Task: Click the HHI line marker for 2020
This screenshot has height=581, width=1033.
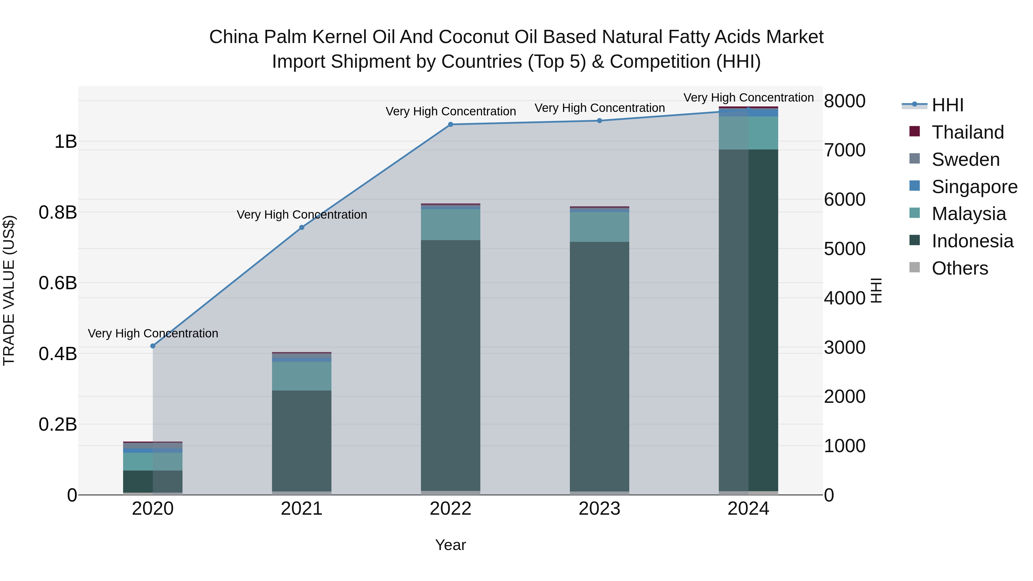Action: coord(153,346)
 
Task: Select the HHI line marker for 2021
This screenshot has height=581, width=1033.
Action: coord(302,227)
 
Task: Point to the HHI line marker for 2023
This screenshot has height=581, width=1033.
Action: coord(599,121)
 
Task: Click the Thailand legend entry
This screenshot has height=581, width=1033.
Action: coord(967,132)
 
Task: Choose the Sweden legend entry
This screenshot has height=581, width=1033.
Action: coord(965,160)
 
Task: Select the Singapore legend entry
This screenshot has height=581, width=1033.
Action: coord(974,187)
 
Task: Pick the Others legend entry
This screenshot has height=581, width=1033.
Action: coord(960,268)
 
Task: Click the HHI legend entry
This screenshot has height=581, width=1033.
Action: coord(947,105)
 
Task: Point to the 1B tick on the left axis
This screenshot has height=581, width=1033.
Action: coord(66,141)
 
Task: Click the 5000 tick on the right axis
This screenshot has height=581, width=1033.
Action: coord(844,249)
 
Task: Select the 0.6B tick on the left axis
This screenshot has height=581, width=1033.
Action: coord(58,283)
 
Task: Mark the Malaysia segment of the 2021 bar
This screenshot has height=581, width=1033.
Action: coord(302,376)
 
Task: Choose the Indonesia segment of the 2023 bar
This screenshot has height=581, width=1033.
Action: coord(599,366)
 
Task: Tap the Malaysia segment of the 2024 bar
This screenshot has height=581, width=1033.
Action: coord(748,133)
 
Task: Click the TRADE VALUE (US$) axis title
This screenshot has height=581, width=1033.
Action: coord(9,290)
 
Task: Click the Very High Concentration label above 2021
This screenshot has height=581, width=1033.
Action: coord(302,215)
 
